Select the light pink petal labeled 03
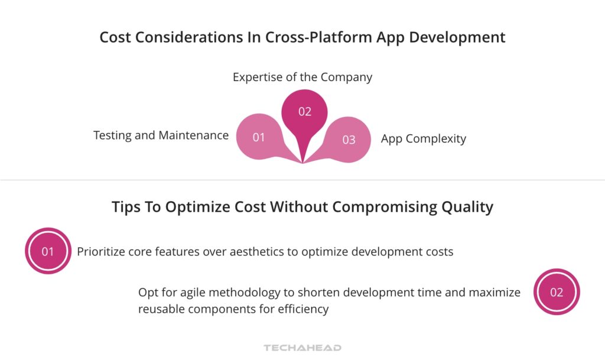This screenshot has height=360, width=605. pyautogui.click(x=348, y=139)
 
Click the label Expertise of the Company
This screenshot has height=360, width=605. pyautogui.click(x=302, y=77)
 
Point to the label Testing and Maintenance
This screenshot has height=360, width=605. pyautogui.click(x=161, y=135)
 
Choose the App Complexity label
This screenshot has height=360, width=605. pyautogui.click(x=423, y=139)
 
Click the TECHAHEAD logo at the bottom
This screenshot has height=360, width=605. pyautogui.click(x=302, y=348)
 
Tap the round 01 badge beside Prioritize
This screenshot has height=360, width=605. pyautogui.click(x=48, y=251)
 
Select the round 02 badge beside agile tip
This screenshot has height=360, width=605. pyautogui.click(x=556, y=292)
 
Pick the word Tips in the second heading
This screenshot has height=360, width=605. pyautogui.click(x=127, y=207)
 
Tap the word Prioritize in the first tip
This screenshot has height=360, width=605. pyautogui.click(x=102, y=251)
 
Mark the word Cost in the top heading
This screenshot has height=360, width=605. pyautogui.click(x=115, y=37)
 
